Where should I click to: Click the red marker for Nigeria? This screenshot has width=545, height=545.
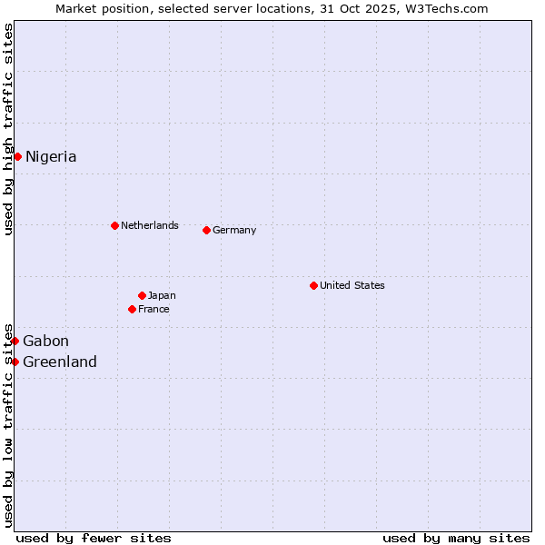[x=17, y=156]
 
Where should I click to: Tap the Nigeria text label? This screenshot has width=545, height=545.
[x=51, y=157]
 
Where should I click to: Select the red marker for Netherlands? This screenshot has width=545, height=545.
[x=114, y=225]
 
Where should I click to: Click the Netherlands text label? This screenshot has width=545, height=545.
[x=150, y=225]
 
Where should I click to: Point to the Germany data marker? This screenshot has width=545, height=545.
[x=206, y=230]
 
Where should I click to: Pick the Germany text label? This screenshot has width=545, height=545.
[x=234, y=231]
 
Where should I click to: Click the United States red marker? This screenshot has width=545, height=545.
[x=313, y=285]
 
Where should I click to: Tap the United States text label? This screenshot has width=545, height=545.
[x=352, y=285]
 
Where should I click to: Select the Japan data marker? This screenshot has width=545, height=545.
[x=142, y=295]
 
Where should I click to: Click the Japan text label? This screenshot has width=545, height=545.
[x=162, y=296]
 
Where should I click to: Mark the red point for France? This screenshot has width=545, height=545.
[x=132, y=309]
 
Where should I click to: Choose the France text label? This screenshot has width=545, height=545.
[x=154, y=310]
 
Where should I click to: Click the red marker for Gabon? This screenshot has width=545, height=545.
[x=15, y=341]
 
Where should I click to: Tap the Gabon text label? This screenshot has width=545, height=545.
[x=45, y=342]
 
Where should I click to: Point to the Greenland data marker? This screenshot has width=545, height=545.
[x=15, y=362]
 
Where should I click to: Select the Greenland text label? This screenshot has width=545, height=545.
[x=60, y=362]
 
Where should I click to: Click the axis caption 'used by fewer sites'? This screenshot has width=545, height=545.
[x=94, y=538]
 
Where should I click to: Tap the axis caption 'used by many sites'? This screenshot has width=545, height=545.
[x=456, y=538]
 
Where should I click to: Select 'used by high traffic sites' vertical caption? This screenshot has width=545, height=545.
[x=8, y=129]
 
